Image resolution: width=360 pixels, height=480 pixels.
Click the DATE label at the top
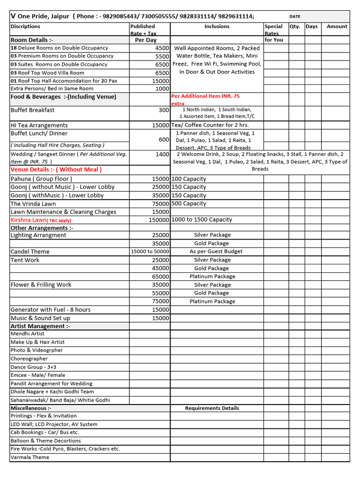[295, 16]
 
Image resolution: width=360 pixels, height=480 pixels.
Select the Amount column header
[337, 27]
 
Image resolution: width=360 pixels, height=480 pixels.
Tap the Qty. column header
[295, 27]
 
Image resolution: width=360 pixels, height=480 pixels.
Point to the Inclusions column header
[217, 27]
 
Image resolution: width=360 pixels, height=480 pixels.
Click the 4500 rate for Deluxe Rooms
[162, 48]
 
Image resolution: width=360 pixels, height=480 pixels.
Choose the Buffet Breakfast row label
[32, 110]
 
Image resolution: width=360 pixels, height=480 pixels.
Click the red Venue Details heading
[56, 170]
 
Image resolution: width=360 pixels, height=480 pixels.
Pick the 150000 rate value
[158, 220]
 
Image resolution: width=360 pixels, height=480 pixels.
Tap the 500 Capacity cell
[189, 204]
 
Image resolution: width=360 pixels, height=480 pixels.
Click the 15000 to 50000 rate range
[150, 252]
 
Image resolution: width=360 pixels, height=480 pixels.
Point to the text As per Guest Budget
[216, 252]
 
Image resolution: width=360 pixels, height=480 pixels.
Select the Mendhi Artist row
[28, 334]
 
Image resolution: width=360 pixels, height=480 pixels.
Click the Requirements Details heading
[212, 408]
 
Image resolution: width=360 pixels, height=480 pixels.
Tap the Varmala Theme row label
[30, 457]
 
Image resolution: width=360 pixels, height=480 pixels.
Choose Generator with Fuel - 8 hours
[51, 310]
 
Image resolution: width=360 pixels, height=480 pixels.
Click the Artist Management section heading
[40, 326]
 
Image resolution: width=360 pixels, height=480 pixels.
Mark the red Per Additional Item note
[205, 96]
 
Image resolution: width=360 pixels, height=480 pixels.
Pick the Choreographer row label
[29, 359]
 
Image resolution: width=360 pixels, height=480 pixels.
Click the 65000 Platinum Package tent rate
[160, 277]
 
